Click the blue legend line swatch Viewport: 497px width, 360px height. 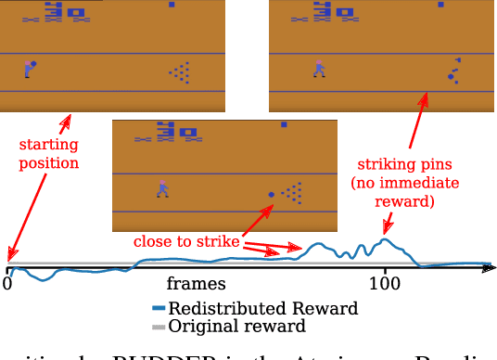(159, 308)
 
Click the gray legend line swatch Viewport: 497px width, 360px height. (159, 327)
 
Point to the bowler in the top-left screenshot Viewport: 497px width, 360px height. (30, 69)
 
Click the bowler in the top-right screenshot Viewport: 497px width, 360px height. (319, 68)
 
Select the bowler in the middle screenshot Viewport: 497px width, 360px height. (163, 188)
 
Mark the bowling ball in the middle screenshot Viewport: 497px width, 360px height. (272, 195)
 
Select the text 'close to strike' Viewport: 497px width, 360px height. (185, 242)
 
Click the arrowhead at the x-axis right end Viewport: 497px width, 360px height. (489, 269)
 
